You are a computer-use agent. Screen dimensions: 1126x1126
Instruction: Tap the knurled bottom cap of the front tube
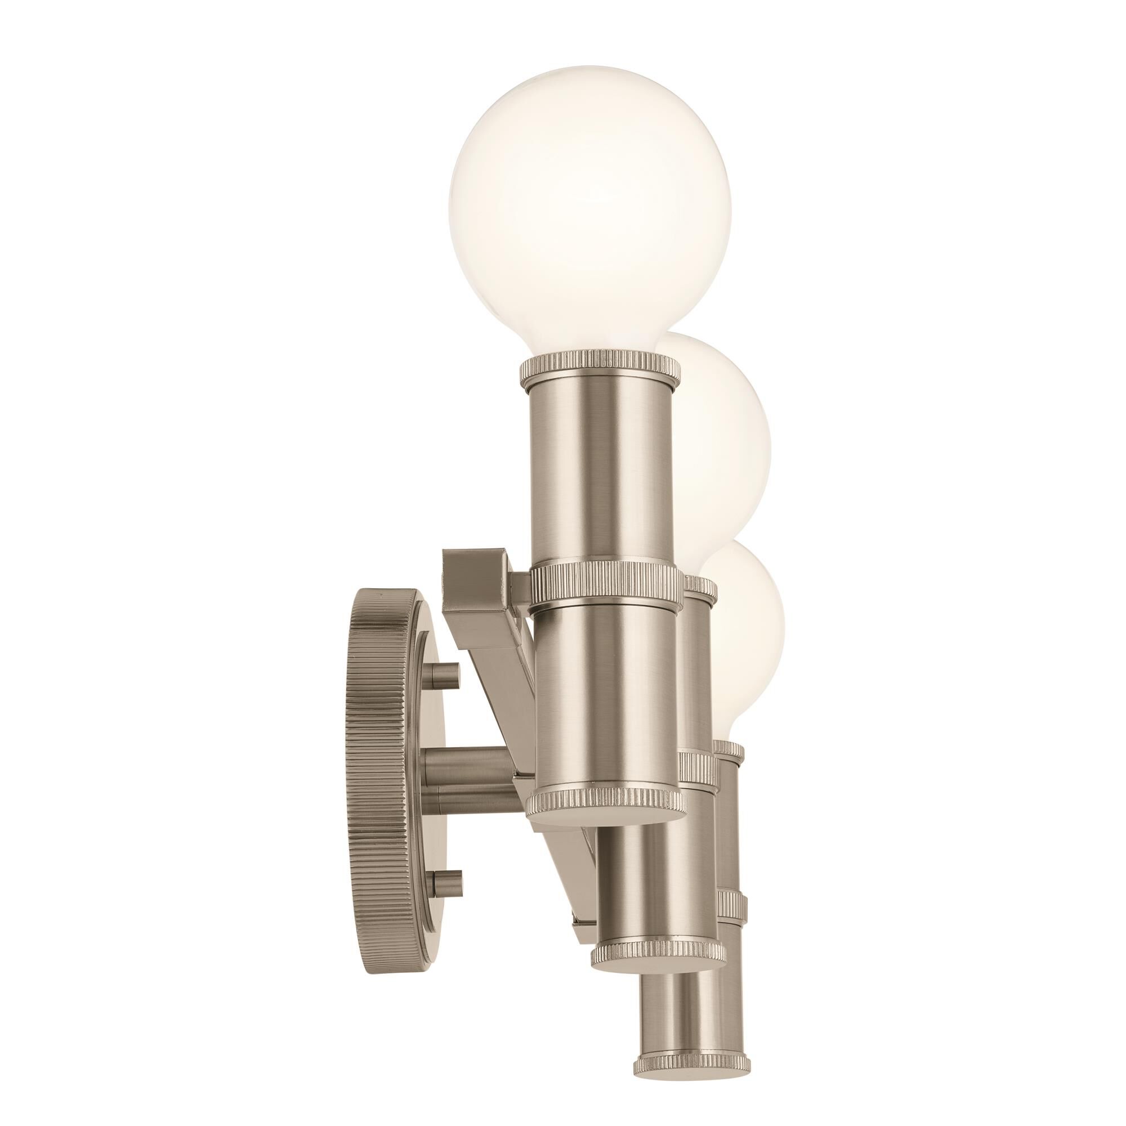(606, 806)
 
